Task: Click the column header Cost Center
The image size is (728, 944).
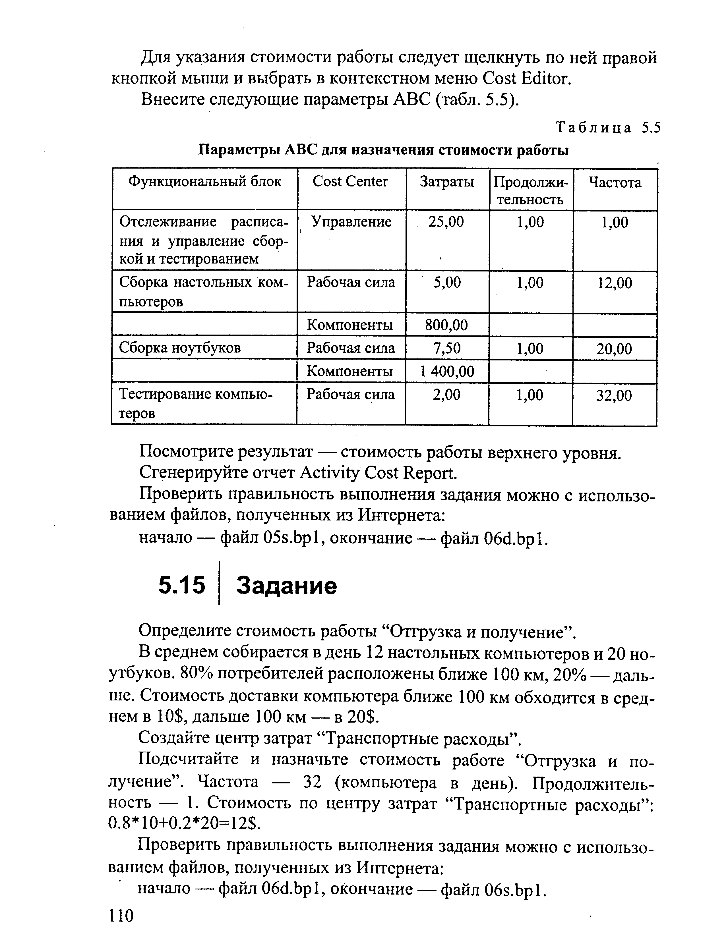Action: point(350,182)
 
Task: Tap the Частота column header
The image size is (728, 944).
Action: point(615,182)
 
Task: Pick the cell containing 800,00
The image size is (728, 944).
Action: point(446,325)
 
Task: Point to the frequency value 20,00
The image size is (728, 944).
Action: point(614,349)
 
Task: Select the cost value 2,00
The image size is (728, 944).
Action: point(446,394)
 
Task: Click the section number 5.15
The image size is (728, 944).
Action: point(181,586)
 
